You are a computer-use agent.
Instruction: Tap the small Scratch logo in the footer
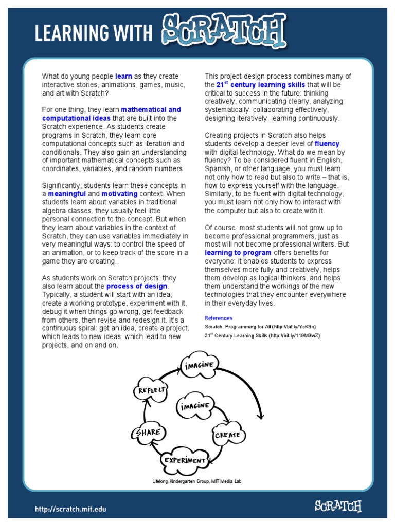tap(338, 506)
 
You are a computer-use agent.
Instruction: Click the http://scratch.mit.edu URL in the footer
tap(70, 510)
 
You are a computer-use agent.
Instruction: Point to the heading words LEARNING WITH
tap(94, 33)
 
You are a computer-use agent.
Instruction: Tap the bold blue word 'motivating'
tap(119, 194)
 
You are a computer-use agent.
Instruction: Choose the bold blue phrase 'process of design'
tap(137, 286)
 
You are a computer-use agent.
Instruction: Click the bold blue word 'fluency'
tap(327, 144)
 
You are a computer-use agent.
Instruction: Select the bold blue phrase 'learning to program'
tap(238, 253)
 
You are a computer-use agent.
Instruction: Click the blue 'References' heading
tap(218, 318)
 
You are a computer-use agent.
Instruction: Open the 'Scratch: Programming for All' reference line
tap(260, 326)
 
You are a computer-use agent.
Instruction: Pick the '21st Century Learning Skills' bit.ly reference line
tap(262, 335)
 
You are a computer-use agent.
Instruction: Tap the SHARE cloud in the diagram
tap(148, 433)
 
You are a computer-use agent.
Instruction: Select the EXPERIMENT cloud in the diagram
tap(185, 460)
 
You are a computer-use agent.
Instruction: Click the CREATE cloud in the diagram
tap(227, 435)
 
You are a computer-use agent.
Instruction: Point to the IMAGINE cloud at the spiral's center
tap(194, 405)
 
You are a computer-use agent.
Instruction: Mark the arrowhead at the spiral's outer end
tap(261, 415)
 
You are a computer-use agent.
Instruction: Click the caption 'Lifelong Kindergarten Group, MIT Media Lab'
tap(196, 481)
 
